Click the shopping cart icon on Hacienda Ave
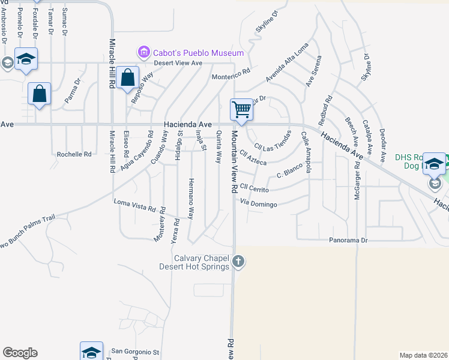(241, 110)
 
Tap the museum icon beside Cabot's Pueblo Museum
(143, 52)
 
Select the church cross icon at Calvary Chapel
(239, 261)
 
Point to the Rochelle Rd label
(74, 154)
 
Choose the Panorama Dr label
(348, 240)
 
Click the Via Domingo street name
(259, 205)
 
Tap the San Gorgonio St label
(135, 352)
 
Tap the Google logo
(20, 353)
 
